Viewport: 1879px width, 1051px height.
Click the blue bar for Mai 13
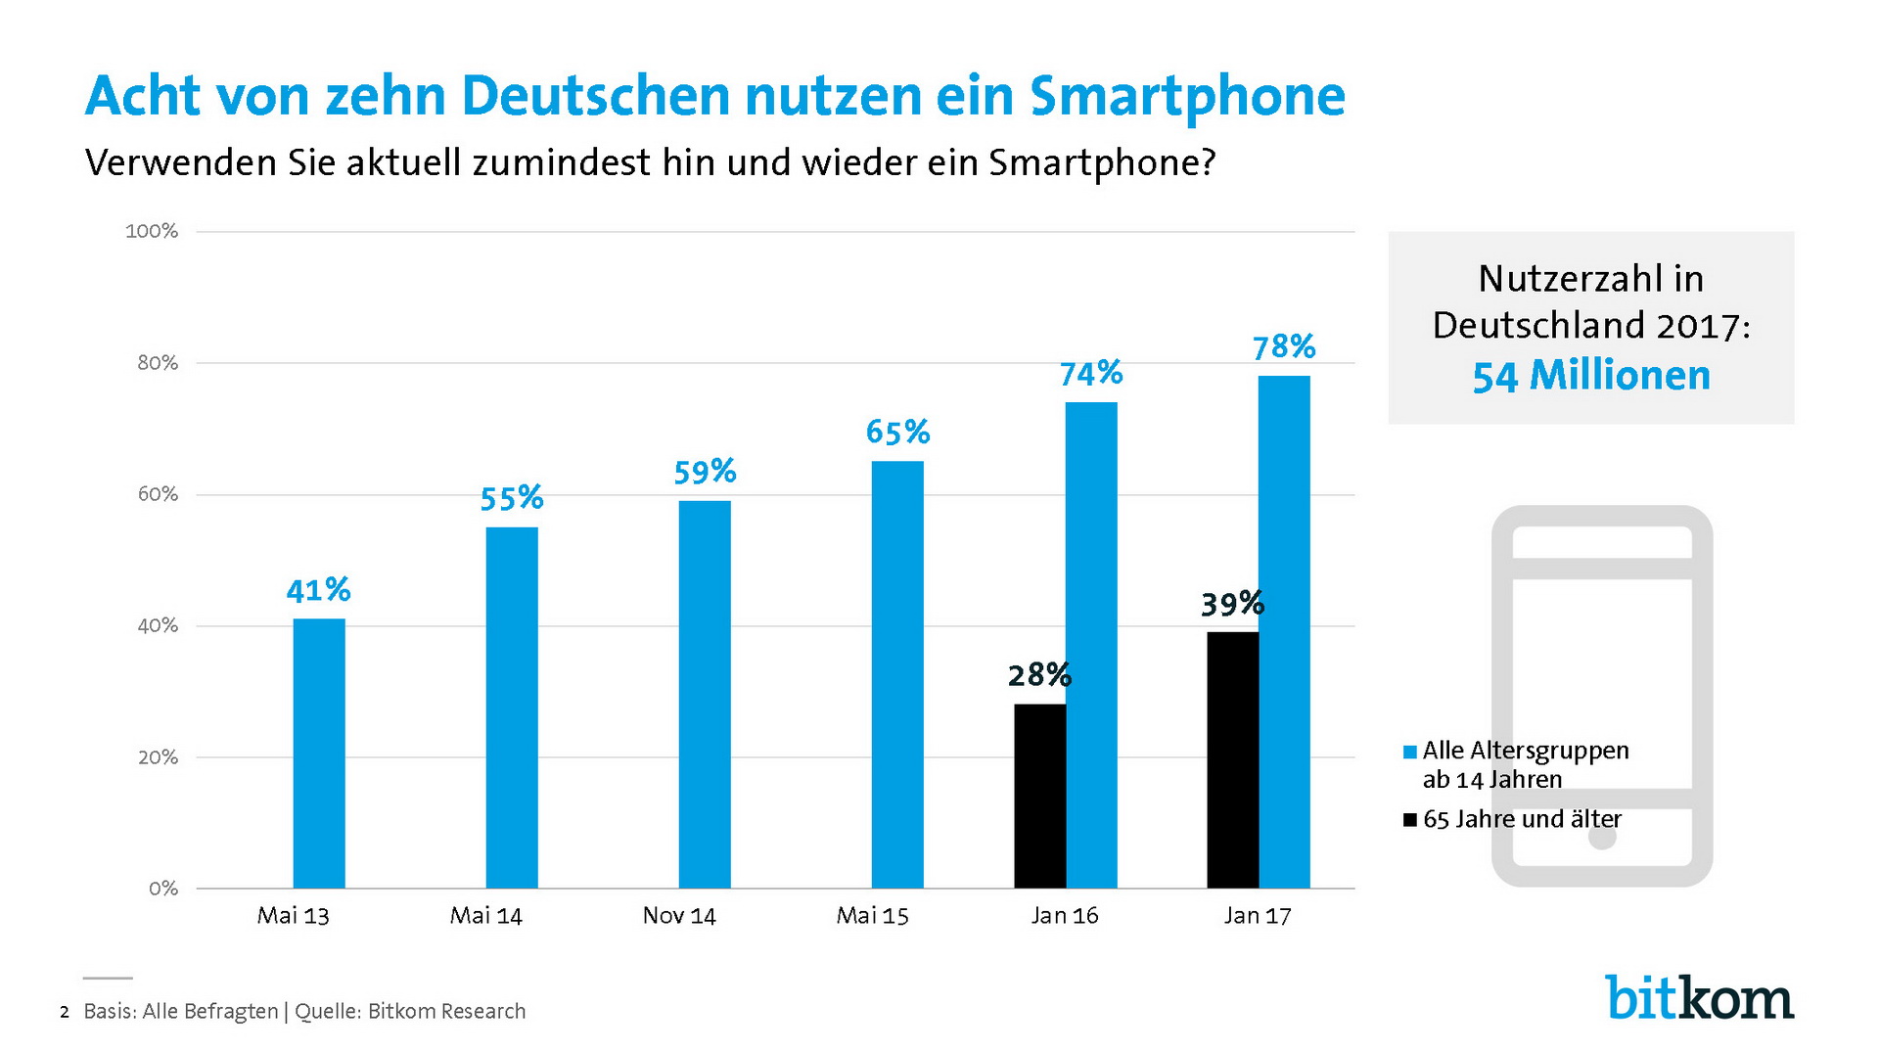click(x=319, y=754)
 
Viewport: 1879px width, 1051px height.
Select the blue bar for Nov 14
click(x=705, y=695)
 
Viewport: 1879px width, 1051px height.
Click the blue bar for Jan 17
click(x=1284, y=632)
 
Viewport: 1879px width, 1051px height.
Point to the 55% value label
click(x=511, y=498)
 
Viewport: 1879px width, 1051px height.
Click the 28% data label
click(x=1039, y=674)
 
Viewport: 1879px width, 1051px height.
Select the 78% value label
click(x=1284, y=346)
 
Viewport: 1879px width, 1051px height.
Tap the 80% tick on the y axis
click(x=158, y=363)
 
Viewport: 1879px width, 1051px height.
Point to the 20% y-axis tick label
click(x=158, y=757)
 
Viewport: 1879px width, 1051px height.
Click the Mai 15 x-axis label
click(x=872, y=916)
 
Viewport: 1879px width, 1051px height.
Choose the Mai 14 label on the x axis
click(x=485, y=916)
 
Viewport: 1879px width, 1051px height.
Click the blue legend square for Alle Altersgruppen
click(x=1410, y=752)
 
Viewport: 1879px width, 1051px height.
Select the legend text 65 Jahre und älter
click(x=1522, y=819)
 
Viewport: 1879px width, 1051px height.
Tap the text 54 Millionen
click(x=1591, y=376)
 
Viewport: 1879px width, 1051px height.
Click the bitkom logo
click(x=1699, y=998)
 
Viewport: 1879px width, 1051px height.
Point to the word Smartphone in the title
click(x=1187, y=96)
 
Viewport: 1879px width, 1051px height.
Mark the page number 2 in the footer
click(x=65, y=1012)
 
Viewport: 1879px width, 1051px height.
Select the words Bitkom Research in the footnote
click(x=446, y=1012)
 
